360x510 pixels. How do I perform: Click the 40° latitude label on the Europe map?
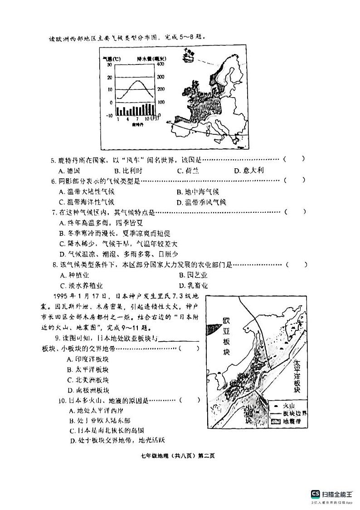pos(168,122)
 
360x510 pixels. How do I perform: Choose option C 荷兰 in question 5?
pos(188,171)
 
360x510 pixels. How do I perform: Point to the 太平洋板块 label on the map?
pos(297,377)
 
